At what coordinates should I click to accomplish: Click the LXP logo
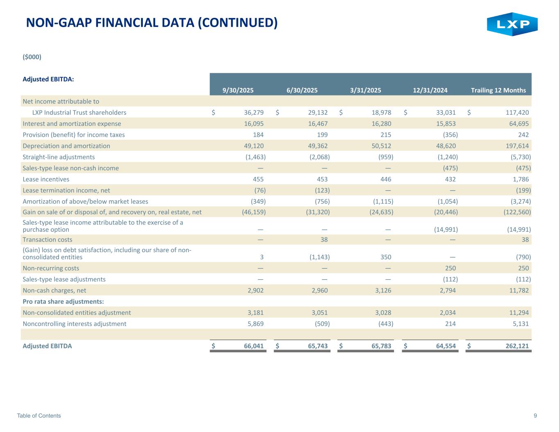pyautogui.click(x=512, y=24)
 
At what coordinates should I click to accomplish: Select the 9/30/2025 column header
pyautogui.click(x=238, y=90)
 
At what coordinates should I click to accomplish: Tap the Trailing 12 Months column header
pyautogui.click(x=498, y=90)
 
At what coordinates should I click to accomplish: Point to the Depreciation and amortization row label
pyautogui.click(x=66, y=146)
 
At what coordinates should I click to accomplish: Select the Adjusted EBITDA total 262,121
pyautogui.click(x=514, y=346)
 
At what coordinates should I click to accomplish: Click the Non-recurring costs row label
pyautogui.click(x=51, y=268)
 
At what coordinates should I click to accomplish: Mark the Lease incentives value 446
pyautogui.click(x=385, y=179)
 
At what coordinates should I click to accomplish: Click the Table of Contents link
pyautogui.click(x=39, y=416)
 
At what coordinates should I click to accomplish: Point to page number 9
pyautogui.click(x=535, y=416)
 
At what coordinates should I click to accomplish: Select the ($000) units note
pyautogui.click(x=32, y=57)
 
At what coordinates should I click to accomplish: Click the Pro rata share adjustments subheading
pyautogui.click(x=63, y=302)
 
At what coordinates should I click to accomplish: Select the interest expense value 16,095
pyautogui.click(x=254, y=124)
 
